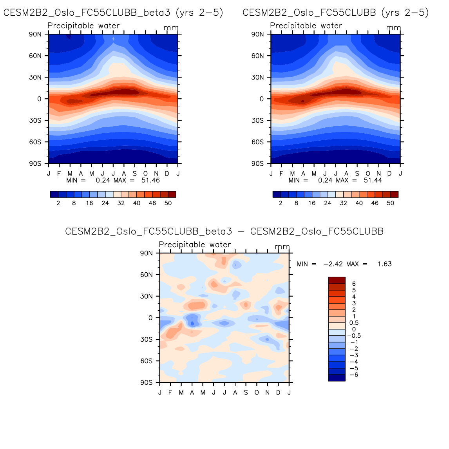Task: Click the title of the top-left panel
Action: point(113,13)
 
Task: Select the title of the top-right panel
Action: point(335,13)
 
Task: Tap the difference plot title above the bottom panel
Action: point(224,232)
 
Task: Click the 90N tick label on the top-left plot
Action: point(35,34)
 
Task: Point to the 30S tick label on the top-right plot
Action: point(257,121)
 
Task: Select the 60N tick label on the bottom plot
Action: point(147,275)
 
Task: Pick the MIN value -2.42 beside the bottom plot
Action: point(333,264)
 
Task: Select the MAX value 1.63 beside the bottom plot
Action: point(384,264)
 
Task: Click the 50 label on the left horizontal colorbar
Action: point(168,203)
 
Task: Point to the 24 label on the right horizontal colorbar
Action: point(328,203)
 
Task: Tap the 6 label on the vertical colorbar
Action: point(354,284)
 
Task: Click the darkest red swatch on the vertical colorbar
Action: point(337,280)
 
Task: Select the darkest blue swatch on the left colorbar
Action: point(54,194)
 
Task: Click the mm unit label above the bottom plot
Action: point(282,247)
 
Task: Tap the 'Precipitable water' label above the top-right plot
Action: point(306,26)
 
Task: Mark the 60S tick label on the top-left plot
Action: point(35,142)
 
